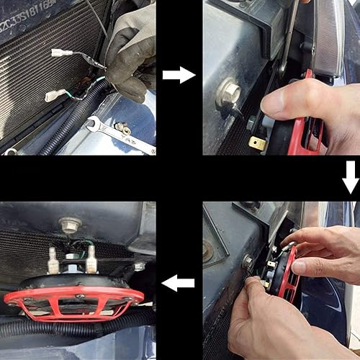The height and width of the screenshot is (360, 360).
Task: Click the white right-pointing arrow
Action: point(179,75)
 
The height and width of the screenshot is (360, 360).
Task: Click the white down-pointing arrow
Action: point(350,177)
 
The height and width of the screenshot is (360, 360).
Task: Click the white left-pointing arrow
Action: point(179,283)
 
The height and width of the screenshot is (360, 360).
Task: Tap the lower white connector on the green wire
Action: point(56,95)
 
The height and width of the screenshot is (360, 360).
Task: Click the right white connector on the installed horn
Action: point(91,259)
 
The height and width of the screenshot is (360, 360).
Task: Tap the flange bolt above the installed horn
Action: point(70,225)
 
